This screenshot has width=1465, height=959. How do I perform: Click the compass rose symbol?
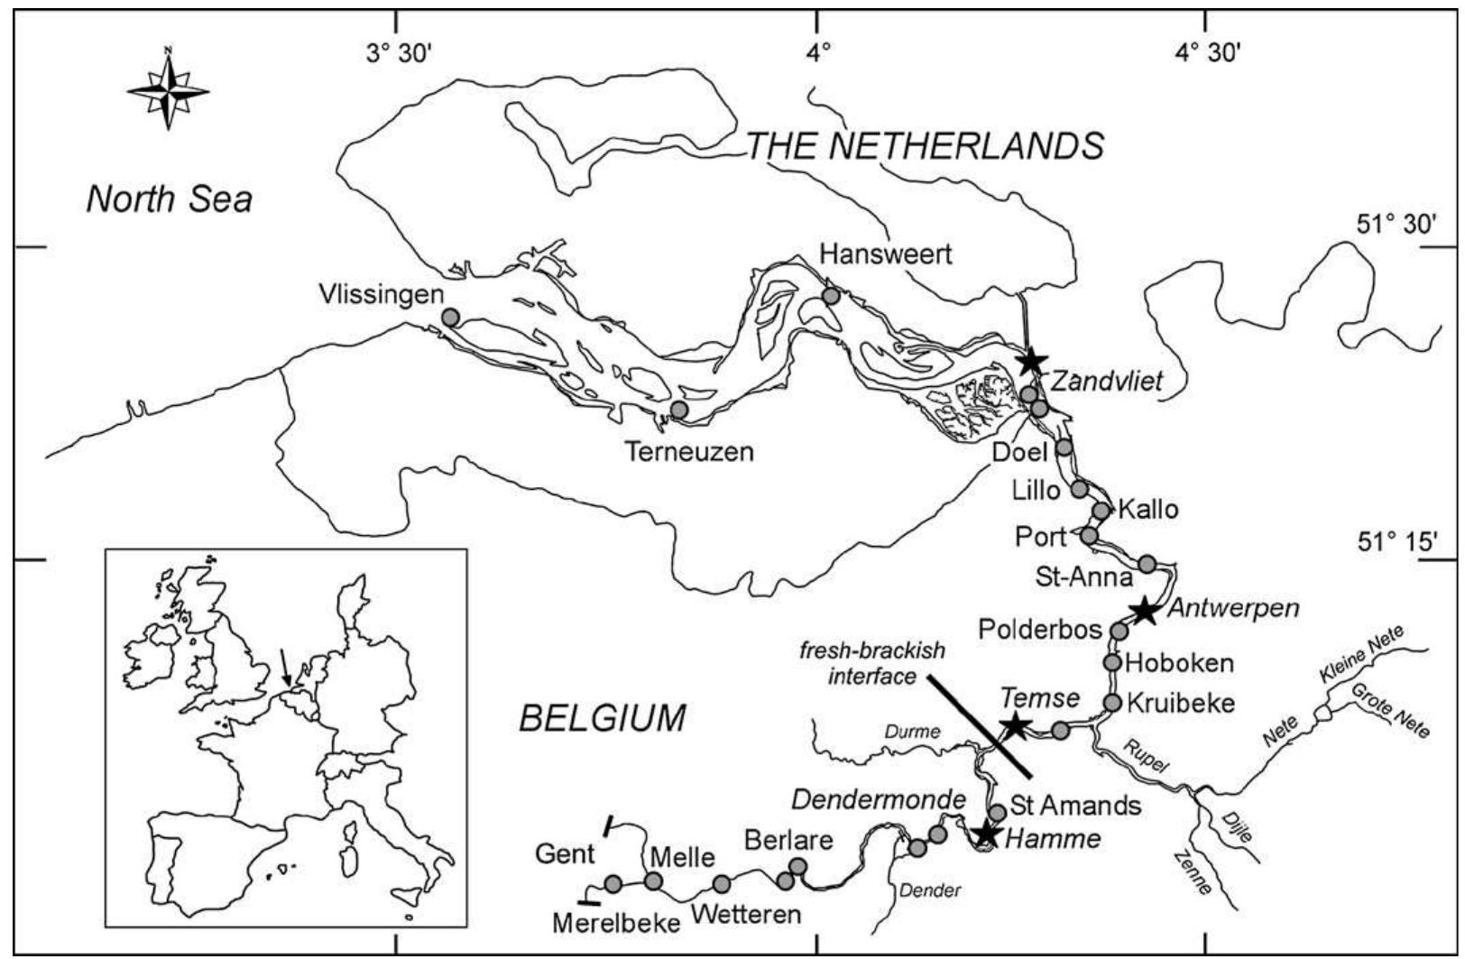[x=168, y=90]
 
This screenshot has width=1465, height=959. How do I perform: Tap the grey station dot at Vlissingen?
[x=450, y=317]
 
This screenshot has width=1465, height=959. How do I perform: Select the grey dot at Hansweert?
[x=831, y=296]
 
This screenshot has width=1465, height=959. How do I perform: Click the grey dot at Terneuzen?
[x=679, y=410]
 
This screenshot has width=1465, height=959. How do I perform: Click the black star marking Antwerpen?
[x=1144, y=610]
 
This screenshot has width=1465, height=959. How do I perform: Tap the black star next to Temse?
[x=1015, y=724]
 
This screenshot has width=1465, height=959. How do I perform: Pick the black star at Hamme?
[x=987, y=834]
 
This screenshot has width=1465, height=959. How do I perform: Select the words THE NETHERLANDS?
[x=925, y=145]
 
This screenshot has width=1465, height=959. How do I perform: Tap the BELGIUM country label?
[x=602, y=719]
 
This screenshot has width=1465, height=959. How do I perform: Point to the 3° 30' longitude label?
[x=399, y=53]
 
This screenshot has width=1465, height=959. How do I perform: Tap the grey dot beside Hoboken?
[x=1112, y=662]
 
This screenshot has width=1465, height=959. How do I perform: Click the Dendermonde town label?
[x=879, y=798]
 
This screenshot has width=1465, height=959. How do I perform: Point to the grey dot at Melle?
[x=653, y=881]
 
